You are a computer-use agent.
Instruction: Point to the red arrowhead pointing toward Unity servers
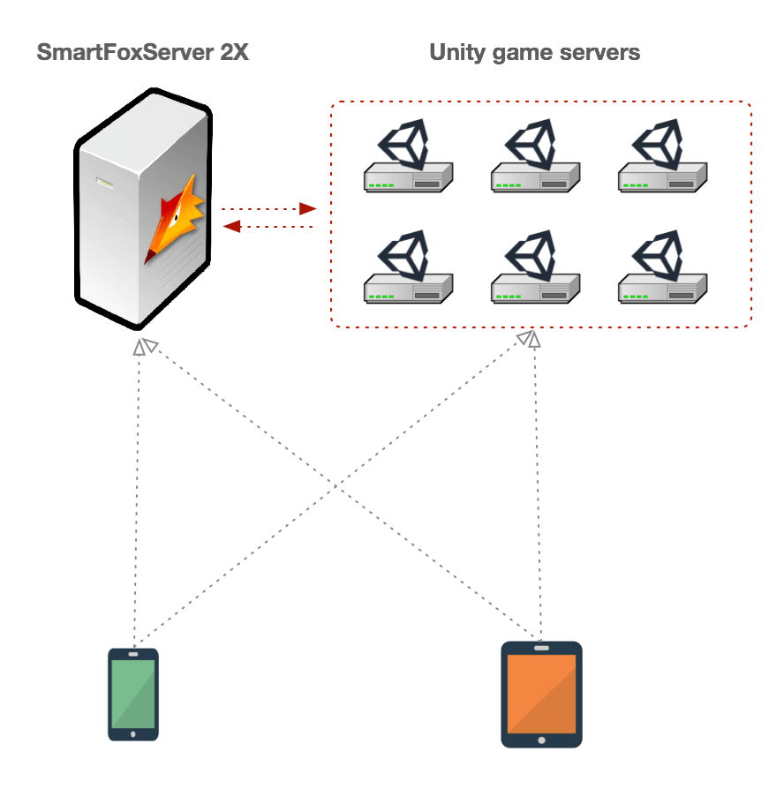point(307,209)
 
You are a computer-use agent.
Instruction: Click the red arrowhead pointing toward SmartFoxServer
point(232,227)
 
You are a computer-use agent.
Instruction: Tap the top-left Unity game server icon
point(409,159)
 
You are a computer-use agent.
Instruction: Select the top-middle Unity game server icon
point(535,159)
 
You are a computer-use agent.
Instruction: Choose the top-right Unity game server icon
point(662,159)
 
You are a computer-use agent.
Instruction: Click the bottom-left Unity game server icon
point(409,269)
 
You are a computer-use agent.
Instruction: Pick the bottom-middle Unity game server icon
point(535,269)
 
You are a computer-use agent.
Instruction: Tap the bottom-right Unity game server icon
point(662,269)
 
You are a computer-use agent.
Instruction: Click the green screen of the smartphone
point(133,694)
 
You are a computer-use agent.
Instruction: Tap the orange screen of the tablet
point(541,695)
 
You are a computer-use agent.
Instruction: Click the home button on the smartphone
point(133,733)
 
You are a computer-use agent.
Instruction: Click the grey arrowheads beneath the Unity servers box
point(530,339)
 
